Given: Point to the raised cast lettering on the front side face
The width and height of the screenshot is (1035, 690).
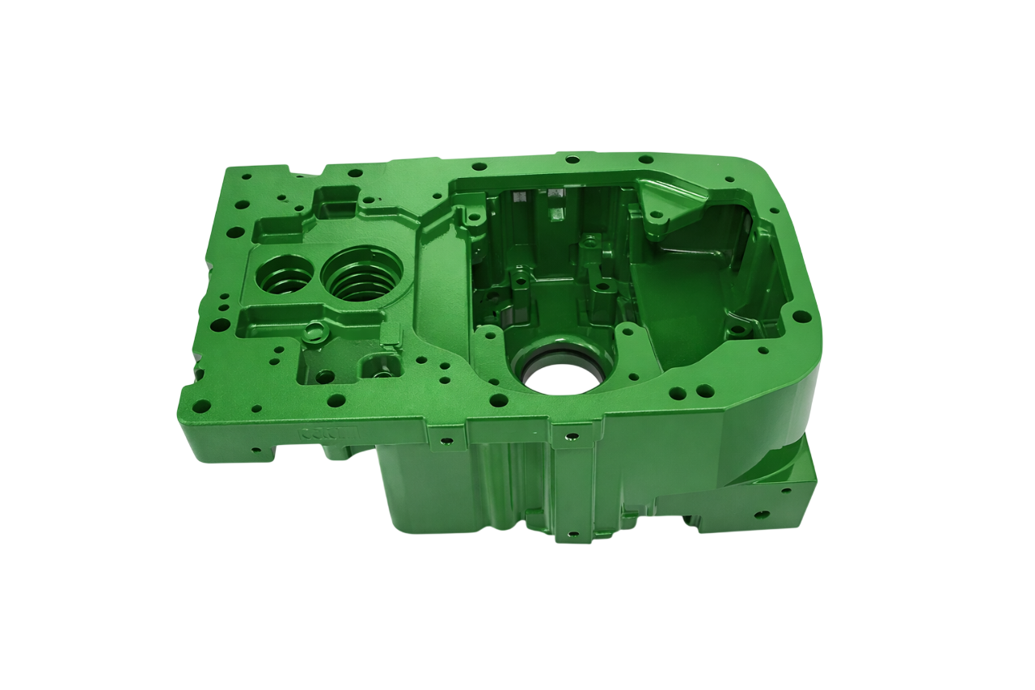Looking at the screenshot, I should tap(323, 432).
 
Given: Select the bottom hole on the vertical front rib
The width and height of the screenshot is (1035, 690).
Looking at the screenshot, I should tap(573, 535).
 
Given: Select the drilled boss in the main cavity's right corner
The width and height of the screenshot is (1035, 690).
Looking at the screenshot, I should tap(739, 331).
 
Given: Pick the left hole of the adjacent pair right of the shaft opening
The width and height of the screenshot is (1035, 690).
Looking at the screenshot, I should tap(673, 394).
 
